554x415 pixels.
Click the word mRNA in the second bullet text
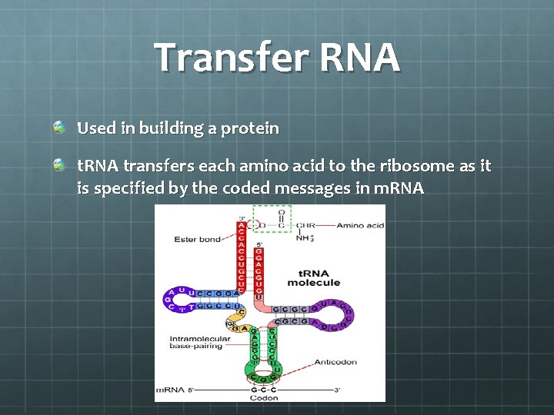click(398, 188)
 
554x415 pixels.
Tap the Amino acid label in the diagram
click(360, 226)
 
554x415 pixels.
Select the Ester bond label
click(197, 240)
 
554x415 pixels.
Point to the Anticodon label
click(335, 362)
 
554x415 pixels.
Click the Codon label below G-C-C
click(264, 398)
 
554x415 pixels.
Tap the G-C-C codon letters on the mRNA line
click(264, 390)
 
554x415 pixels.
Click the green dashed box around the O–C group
click(272, 219)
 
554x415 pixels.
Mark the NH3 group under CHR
click(305, 237)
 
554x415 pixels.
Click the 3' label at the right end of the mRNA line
click(336, 390)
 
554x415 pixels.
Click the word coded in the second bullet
click(243, 188)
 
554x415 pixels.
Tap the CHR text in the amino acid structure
click(305, 226)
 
